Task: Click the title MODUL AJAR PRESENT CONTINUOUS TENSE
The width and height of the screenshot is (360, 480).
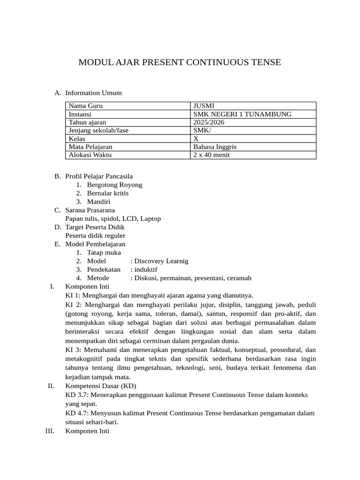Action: tap(180, 62)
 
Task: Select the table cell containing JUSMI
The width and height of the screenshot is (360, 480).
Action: tap(204, 106)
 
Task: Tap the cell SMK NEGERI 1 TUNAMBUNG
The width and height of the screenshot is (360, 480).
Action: tap(242, 114)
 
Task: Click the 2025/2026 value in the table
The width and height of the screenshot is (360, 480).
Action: tap(209, 122)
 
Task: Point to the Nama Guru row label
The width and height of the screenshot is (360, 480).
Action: tap(85, 106)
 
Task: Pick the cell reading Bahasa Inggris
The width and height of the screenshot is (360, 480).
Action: tap(215, 147)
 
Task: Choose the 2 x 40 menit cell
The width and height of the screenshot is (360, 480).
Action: tap(211, 155)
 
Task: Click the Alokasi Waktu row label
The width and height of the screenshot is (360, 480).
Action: tap(90, 155)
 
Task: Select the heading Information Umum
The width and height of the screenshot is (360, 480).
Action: tap(93, 93)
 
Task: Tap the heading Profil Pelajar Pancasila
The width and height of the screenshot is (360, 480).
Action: tap(99, 176)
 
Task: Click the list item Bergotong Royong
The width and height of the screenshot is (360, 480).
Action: tap(114, 185)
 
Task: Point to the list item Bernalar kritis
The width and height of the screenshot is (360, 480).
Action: tap(107, 193)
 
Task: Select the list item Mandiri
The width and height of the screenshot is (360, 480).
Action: tap(98, 202)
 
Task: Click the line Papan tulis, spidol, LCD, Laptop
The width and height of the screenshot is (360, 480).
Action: tap(113, 218)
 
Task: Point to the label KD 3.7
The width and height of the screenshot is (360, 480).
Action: tap(76, 395)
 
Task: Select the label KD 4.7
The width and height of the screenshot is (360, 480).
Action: tap(76, 413)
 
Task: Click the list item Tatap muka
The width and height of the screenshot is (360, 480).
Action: tap(104, 253)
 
